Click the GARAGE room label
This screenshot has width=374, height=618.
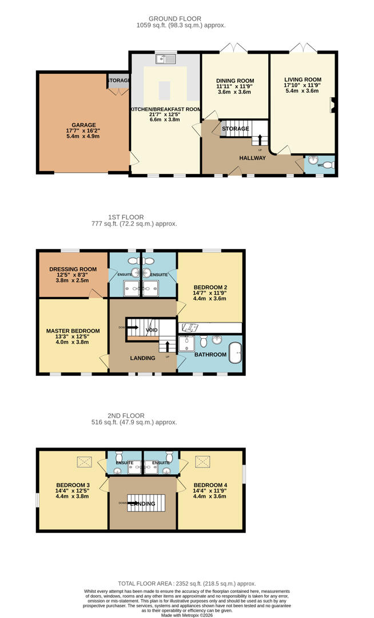click(x=83, y=125)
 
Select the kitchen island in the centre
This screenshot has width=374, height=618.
click(x=165, y=90)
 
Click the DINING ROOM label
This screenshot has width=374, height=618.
click(x=235, y=81)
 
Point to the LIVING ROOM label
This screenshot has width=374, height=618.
click(x=303, y=80)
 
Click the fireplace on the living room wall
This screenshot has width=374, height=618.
click(x=332, y=106)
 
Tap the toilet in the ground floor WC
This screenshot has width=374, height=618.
click(x=328, y=164)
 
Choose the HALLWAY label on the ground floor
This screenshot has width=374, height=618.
click(x=252, y=158)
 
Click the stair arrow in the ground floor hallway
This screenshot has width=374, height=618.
click(x=261, y=140)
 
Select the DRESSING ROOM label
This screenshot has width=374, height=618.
click(x=73, y=269)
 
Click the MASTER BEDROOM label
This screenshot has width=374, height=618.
click(x=73, y=331)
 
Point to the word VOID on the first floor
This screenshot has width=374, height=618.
click(x=152, y=330)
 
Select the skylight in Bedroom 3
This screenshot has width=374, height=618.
click(x=85, y=461)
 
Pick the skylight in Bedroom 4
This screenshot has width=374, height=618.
click(x=202, y=461)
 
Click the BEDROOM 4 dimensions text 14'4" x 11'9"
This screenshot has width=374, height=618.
click(x=210, y=490)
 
